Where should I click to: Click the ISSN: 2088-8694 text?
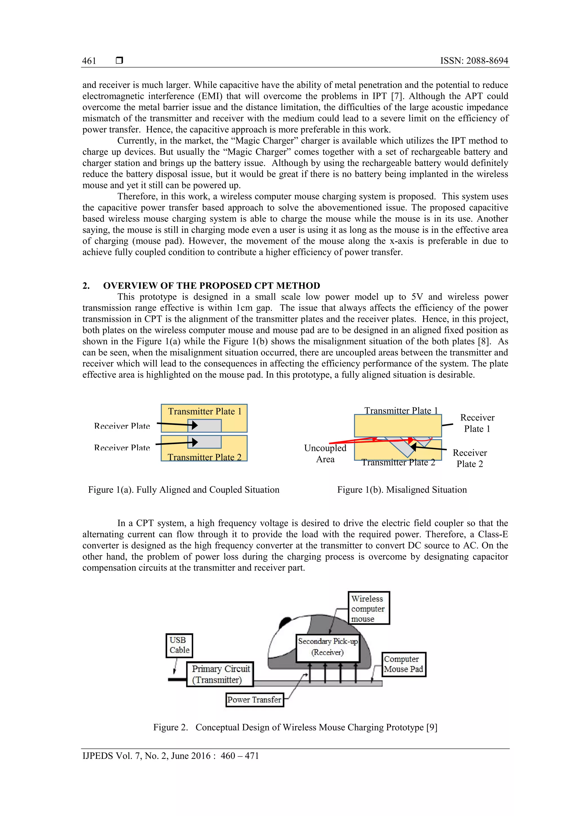point(474,61)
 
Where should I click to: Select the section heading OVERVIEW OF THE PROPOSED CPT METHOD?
point(211,286)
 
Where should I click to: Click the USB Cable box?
point(179,645)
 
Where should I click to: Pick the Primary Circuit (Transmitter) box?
point(220,674)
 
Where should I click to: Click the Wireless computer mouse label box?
point(369,608)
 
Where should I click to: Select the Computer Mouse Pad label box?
point(404,664)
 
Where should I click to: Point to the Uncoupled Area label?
point(325,453)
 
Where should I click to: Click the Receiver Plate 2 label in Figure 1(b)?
point(470,458)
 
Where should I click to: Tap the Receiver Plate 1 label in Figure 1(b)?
point(477,423)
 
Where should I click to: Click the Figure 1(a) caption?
point(184,490)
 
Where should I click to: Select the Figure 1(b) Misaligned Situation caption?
point(402,490)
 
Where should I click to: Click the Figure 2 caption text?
point(295,727)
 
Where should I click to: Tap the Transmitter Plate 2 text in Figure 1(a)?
point(205,457)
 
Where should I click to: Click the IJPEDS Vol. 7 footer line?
point(170,756)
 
